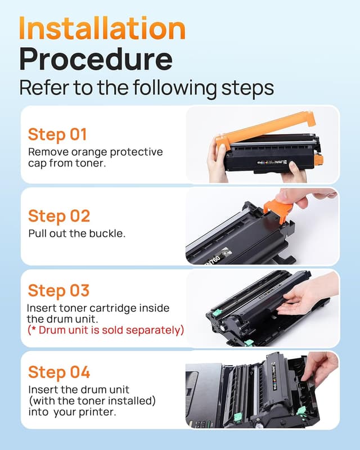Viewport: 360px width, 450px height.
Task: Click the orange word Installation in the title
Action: [102, 28]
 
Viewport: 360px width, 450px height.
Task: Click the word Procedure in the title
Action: [96, 59]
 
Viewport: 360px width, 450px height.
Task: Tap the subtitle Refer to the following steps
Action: [146, 88]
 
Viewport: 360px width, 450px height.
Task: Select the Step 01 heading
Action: [57, 135]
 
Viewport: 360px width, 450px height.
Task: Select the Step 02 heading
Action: [59, 216]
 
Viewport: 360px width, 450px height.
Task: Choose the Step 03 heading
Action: [58, 291]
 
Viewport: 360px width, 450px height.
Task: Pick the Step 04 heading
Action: [59, 372]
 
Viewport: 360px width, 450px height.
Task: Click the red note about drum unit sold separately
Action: [106, 330]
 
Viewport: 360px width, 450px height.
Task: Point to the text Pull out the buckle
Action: [76, 233]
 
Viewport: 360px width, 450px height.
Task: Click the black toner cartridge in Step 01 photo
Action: [270, 155]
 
